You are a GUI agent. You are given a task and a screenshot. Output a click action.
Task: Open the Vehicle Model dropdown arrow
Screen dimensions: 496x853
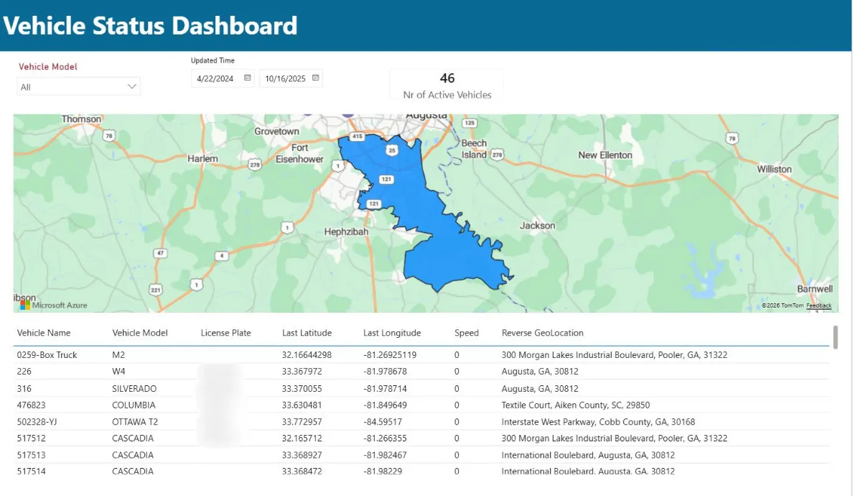tap(132, 86)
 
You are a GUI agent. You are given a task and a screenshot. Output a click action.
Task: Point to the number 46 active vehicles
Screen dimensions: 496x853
tap(447, 78)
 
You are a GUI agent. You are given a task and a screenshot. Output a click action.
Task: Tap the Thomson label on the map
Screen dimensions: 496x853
tap(82, 119)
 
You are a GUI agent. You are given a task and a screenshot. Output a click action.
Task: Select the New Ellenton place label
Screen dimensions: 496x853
tap(605, 155)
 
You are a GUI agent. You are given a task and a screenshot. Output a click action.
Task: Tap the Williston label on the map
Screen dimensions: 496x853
tap(774, 170)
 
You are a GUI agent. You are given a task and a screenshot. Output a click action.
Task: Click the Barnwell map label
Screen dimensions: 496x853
tap(814, 289)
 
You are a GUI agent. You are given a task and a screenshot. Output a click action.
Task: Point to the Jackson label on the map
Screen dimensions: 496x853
tap(537, 226)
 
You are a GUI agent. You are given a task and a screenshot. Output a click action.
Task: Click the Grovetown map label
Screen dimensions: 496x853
tap(276, 132)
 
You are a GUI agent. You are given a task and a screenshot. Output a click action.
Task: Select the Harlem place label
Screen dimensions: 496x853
tap(202, 159)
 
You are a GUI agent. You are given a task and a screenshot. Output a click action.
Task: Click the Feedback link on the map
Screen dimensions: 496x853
tap(819, 306)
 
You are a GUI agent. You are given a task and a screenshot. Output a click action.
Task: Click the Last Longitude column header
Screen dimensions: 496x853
tap(392, 333)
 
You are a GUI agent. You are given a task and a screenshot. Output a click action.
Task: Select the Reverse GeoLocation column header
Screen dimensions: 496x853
tap(542, 333)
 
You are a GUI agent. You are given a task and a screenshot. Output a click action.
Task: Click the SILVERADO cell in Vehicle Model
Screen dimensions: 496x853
tap(134, 388)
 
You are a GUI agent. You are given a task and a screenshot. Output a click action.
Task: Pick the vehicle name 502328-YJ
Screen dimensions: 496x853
tap(37, 422)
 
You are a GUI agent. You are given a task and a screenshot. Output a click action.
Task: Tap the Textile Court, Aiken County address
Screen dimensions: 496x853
tap(575, 405)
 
